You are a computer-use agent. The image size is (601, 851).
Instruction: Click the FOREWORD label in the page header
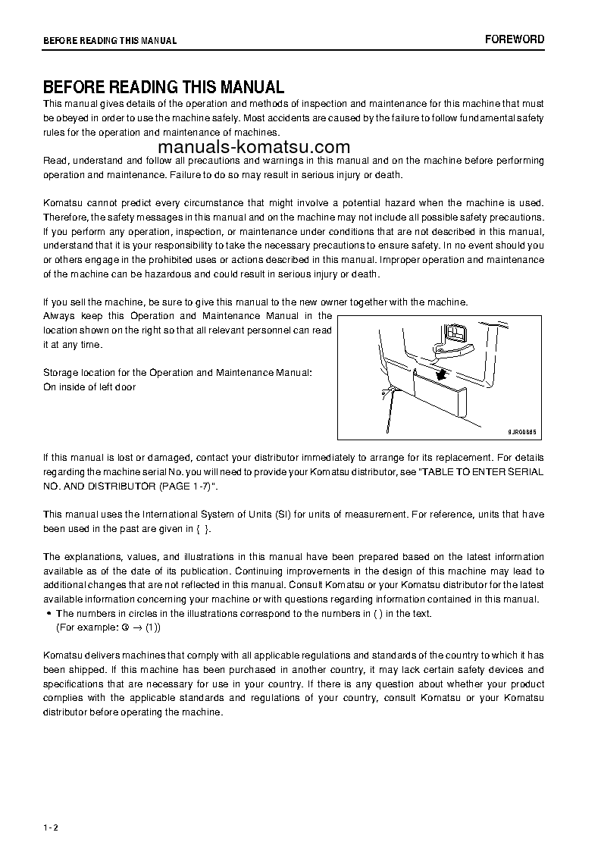click(x=515, y=39)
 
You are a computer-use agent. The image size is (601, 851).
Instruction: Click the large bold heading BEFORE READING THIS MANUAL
click(x=163, y=87)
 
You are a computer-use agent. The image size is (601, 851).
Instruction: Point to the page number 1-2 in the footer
click(x=51, y=827)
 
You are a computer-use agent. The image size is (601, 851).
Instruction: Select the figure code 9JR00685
click(x=521, y=431)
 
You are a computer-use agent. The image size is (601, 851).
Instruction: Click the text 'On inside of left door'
click(x=89, y=387)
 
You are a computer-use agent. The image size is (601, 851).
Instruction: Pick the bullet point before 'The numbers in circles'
click(x=49, y=614)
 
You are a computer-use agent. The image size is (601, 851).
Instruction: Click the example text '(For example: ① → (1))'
click(x=108, y=627)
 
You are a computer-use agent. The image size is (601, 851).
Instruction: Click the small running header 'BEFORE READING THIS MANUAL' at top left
click(x=110, y=41)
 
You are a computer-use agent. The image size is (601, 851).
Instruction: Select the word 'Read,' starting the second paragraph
click(x=56, y=161)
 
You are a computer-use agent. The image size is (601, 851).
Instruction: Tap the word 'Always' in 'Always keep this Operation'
click(x=60, y=316)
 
